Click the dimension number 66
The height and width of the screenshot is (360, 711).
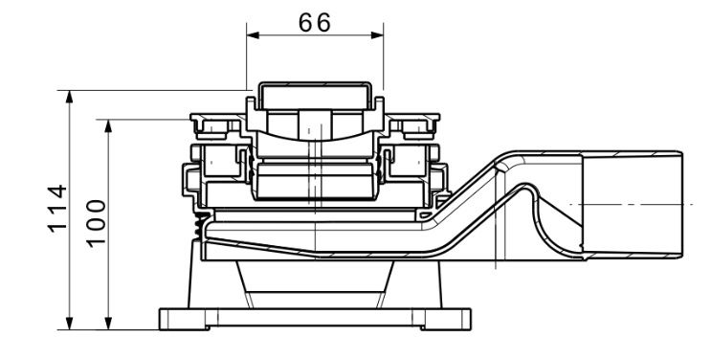pyautogui.click(x=315, y=23)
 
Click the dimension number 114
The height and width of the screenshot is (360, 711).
pyautogui.click(x=57, y=209)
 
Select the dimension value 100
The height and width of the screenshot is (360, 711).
pyautogui.click(x=96, y=224)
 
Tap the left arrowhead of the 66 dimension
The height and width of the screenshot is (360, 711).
pyautogui.click(x=253, y=35)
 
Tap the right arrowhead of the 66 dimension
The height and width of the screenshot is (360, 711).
pyautogui.click(x=377, y=35)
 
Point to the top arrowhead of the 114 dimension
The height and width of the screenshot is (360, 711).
pyautogui.click(x=69, y=97)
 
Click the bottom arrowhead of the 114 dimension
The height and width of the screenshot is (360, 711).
pyautogui.click(x=69, y=324)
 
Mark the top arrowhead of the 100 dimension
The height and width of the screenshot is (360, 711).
pyautogui.click(x=108, y=126)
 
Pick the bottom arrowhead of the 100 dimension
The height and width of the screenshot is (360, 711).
pyautogui.click(x=108, y=324)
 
